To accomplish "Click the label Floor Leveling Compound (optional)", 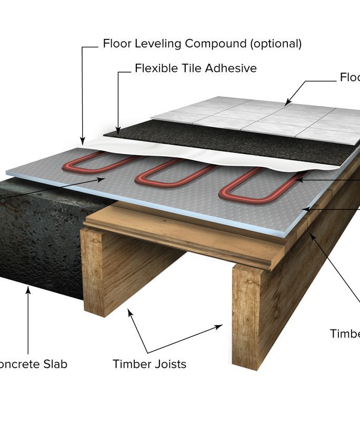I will pos(202,44).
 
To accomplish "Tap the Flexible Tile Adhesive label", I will pos(195,68).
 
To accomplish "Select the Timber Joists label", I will pos(149,364).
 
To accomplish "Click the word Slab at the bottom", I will pos(54,364).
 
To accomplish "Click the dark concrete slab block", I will pos(37,237).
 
